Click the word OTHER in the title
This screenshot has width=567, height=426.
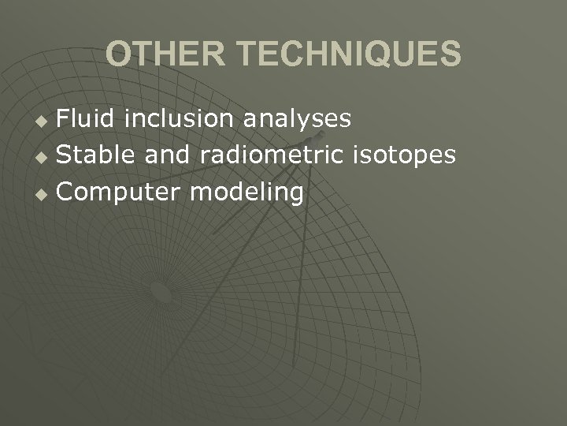(x=165, y=54)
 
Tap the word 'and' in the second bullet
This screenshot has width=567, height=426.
(x=168, y=155)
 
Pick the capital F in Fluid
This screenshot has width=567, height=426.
(x=64, y=119)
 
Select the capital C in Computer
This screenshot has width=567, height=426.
(x=65, y=192)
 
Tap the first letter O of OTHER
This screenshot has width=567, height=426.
(x=119, y=54)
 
